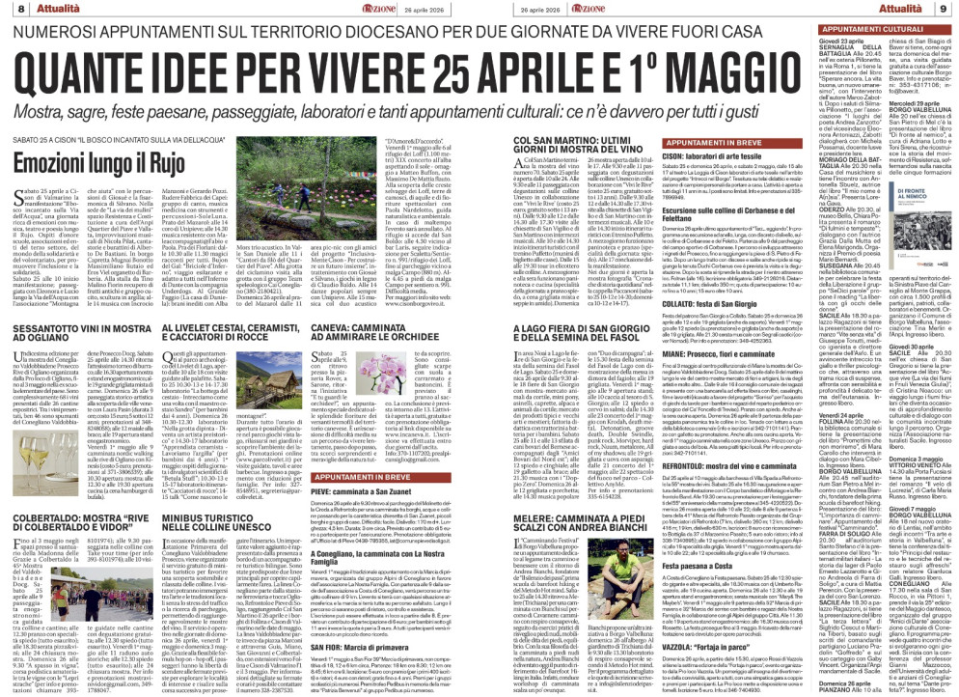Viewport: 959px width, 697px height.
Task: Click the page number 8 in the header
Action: tap(9, 8)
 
